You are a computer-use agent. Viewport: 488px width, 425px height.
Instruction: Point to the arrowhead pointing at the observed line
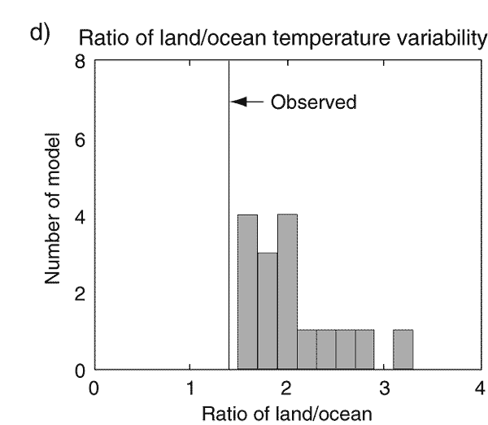click(237, 102)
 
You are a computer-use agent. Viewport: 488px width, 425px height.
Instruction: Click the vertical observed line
click(229, 244)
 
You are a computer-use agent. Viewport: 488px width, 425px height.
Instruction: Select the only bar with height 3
click(267, 311)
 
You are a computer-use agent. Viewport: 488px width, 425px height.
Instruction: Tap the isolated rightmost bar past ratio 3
click(403, 350)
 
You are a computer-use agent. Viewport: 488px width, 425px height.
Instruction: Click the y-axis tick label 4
click(78, 217)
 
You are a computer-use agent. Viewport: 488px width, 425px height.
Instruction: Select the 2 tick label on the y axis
click(78, 293)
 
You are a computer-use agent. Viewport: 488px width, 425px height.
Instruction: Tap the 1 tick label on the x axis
click(190, 386)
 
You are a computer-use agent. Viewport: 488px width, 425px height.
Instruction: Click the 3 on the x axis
click(383, 386)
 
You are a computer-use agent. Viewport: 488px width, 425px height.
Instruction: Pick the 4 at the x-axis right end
click(479, 386)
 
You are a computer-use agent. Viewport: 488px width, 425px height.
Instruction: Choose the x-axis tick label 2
click(286, 386)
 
